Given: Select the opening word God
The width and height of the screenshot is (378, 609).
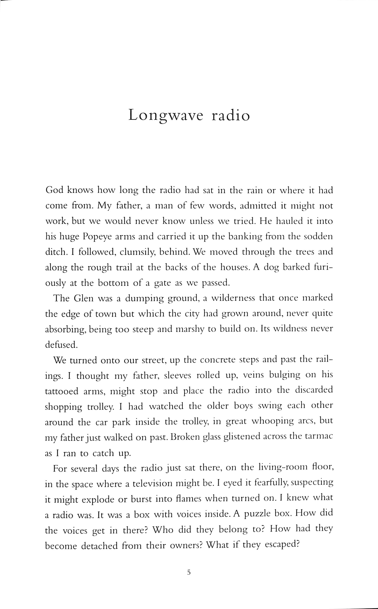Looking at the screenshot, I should [x=53, y=191].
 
